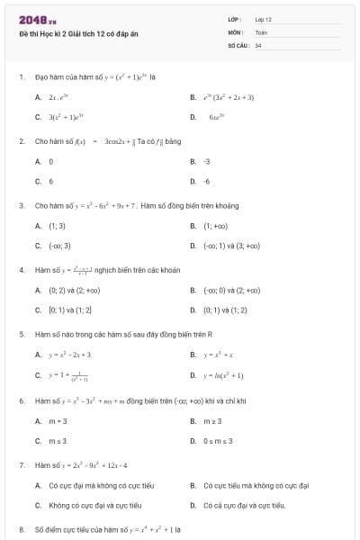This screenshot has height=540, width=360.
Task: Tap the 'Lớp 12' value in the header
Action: click(263, 18)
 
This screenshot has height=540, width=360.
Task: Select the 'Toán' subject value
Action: click(261, 31)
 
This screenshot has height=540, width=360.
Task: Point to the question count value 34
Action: click(258, 44)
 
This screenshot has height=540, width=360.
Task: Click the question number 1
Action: click(21, 77)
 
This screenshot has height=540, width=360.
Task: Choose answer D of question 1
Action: click(216, 117)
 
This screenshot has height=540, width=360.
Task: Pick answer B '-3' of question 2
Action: click(207, 161)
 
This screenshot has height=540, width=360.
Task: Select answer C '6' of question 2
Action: click(50, 181)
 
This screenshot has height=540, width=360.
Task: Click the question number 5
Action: click(21, 334)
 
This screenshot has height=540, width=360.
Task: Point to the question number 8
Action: click(21, 529)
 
